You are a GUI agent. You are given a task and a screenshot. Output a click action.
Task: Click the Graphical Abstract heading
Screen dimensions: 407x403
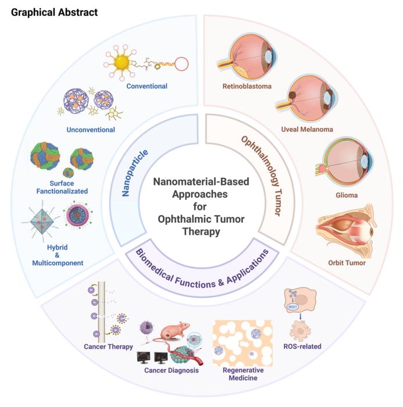(54, 12)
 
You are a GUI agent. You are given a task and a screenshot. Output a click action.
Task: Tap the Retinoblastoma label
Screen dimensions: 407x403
(247, 87)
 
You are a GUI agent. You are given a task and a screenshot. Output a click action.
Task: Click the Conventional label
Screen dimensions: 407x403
(147, 87)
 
